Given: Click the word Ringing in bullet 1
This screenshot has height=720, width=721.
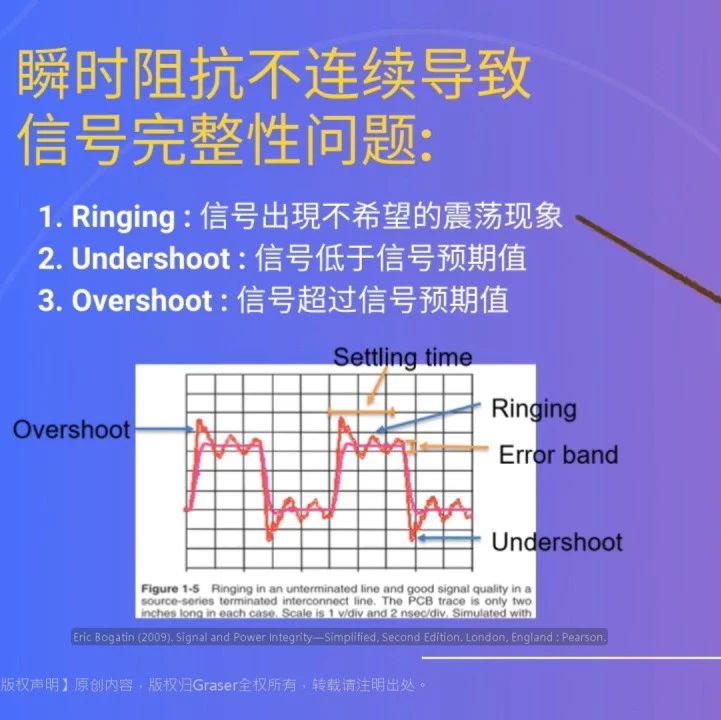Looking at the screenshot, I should pos(122,217).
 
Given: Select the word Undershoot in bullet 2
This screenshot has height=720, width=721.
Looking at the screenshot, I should pos(152,259).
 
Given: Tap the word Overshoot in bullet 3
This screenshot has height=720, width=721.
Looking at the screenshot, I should pos(142,301).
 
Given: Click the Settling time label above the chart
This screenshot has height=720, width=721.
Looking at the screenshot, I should pos(402,357).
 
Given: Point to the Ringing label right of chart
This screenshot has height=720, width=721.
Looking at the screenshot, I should pos(533,408).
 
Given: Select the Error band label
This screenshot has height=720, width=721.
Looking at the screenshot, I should pos(558,455).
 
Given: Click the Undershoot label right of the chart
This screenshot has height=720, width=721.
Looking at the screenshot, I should pos(556,542).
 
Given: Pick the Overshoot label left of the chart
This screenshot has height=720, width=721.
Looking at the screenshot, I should pos(72,430).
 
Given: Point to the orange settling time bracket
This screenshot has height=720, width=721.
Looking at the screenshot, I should pos(361,411).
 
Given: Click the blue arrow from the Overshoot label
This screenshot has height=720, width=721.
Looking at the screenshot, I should pos(162,429).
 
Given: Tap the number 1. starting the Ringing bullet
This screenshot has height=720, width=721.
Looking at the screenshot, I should pos(49,217).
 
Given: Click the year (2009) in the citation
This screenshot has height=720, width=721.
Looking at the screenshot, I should pos(164,638).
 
